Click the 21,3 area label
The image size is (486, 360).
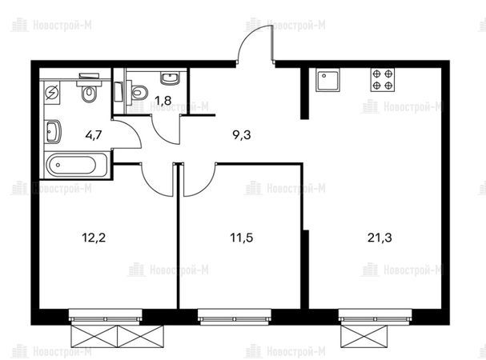pyautogui.click(x=380, y=238)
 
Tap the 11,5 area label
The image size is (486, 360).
pyautogui.click(x=242, y=238)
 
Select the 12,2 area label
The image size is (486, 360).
pyautogui.click(x=94, y=238)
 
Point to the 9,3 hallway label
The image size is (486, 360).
pyautogui.click(x=242, y=135)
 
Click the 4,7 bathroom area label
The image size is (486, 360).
pyautogui.click(x=94, y=135)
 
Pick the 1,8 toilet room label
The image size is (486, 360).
pyautogui.click(x=163, y=101)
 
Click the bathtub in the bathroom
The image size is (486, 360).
pyautogui.click(x=77, y=165)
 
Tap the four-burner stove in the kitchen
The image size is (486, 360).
pyautogui.click(x=383, y=80)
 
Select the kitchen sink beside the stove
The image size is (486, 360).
pyautogui.click(x=327, y=80)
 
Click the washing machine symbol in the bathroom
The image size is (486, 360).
pyautogui.click(x=51, y=93)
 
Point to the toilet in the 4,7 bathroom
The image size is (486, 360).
pyautogui.click(x=89, y=89)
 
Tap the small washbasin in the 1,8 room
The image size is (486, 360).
pyautogui.click(x=170, y=78)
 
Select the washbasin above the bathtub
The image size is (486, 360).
pyautogui.click(x=53, y=131)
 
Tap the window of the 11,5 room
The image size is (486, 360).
pyautogui.click(x=235, y=317)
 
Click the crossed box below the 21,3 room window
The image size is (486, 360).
pyautogui.click(x=363, y=336)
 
